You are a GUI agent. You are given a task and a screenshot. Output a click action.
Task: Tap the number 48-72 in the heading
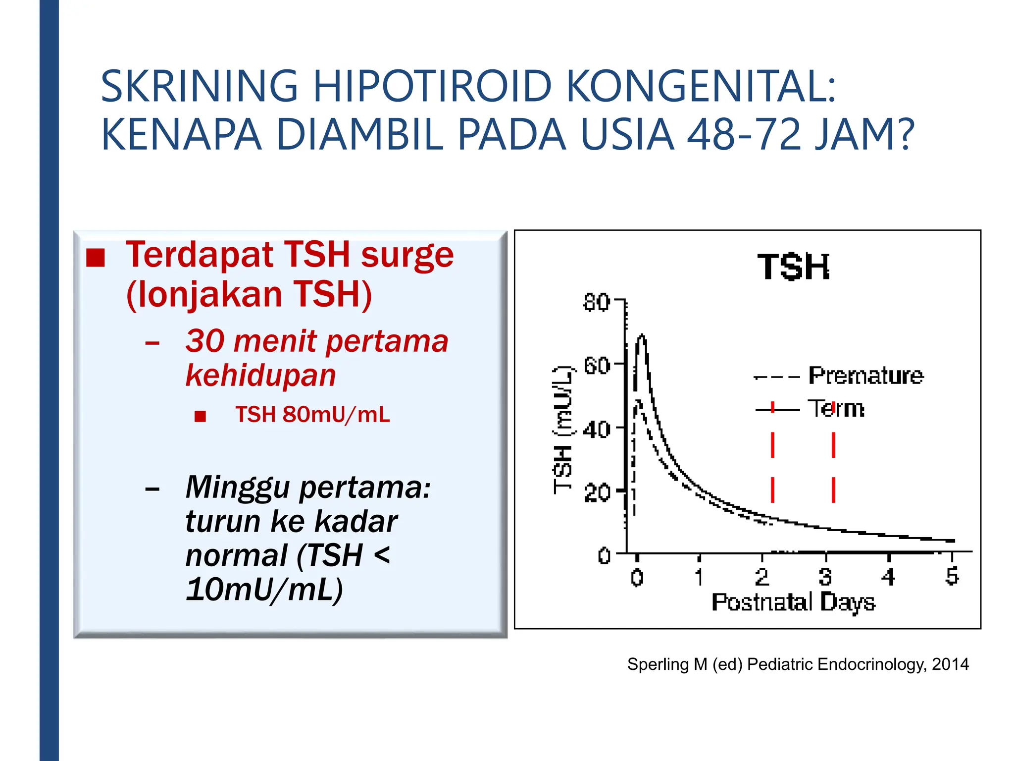coord(744,134)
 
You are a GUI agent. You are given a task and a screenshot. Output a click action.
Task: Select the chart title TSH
coord(793,267)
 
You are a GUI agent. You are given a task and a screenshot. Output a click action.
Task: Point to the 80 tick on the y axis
coord(596,302)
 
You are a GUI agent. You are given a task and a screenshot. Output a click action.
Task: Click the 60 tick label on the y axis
coord(596,366)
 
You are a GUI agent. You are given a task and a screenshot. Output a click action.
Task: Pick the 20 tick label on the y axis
coord(596,493)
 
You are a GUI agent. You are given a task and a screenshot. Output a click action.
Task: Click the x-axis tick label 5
coord(952,576)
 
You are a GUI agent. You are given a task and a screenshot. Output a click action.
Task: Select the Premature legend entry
coord(865,376)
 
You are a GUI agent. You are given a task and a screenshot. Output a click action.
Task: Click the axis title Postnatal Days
coord(793,602)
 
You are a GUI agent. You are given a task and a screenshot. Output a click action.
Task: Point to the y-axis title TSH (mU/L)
coord(563,430)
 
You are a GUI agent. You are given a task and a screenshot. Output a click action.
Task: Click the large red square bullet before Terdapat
coord(96,258)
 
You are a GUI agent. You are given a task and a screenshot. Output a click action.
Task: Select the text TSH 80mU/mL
coord(312,414)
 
